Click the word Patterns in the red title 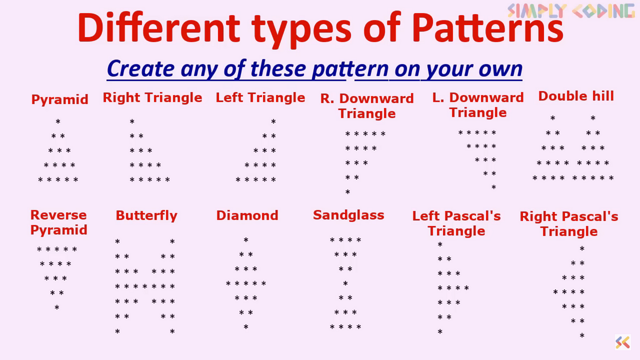click(488, 28)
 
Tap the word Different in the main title click(159, 28)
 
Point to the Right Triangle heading click(153, 98)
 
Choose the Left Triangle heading click(260, 98)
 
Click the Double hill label click(576, 96)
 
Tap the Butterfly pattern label click(147, 216)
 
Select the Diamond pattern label click(247, 216)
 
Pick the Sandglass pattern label click(348, 216)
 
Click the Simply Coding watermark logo click(571, 11)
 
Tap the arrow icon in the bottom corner click(623, 342)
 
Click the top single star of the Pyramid click(58, 122)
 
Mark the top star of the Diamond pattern click(246, 240)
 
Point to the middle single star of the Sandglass click(346, 283)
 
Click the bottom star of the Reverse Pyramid click(57, 307)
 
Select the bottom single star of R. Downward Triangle click(348, 191)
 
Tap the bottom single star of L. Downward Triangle click(494, 187)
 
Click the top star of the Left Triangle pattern click(273, 122)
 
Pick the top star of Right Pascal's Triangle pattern click(582, 249)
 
